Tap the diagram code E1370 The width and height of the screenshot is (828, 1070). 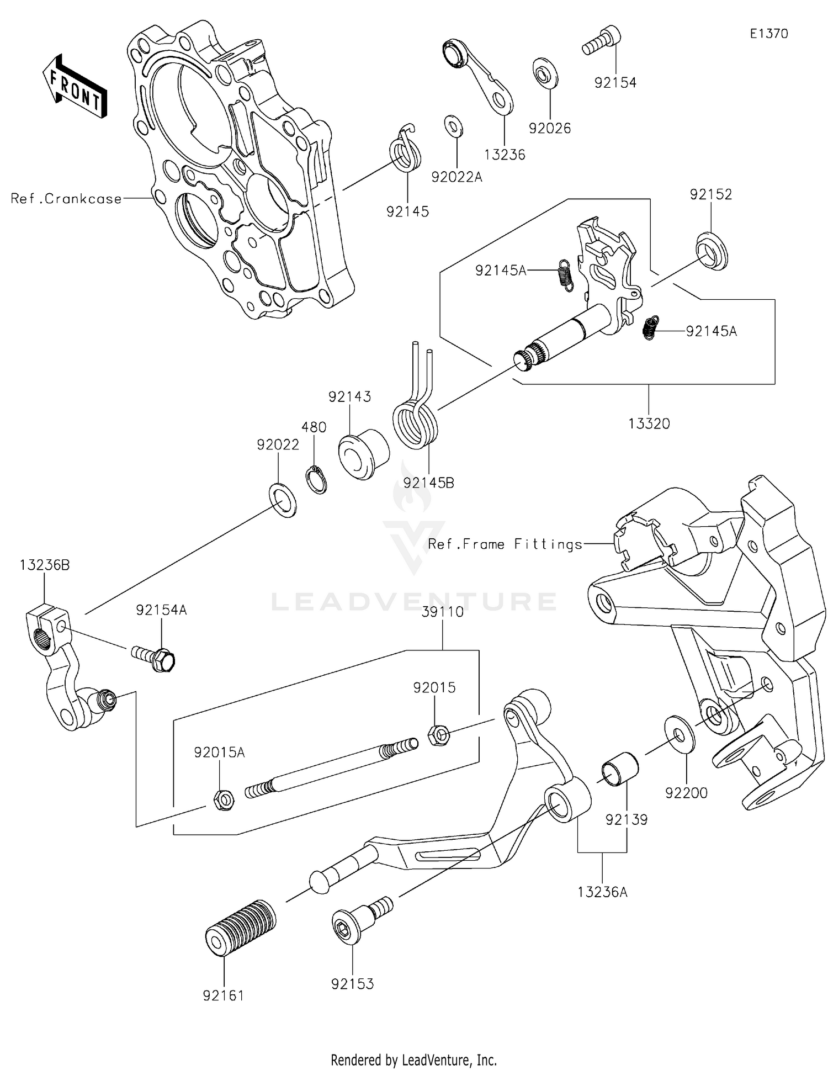[x=768, y=34]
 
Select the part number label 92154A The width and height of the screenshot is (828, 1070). [x=161, y=610]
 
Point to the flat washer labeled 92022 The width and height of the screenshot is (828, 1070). [x=282, y=500]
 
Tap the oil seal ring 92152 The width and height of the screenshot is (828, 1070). [x=711, y=251]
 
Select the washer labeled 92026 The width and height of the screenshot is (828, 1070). [x=545, y=72]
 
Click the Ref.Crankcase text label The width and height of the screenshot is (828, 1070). [x=66, y=199]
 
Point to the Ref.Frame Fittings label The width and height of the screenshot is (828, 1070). [x=505, y=544]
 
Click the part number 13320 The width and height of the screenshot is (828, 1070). [x=649, y=423]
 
